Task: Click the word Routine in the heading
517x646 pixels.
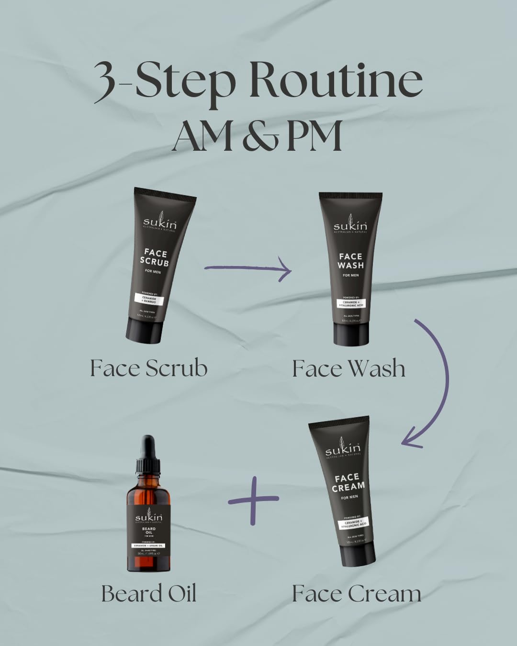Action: [x=335, y=80]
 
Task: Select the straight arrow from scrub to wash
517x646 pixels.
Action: [x=248, y=269]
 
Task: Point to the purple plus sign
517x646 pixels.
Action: [x=253, y=500]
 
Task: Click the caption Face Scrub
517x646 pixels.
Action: [x=149, y=368]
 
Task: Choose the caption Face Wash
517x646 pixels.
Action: [x=348, y=368]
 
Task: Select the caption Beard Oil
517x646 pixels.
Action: [x=149, y=593]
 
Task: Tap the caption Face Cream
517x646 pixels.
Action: [x=357, y=593]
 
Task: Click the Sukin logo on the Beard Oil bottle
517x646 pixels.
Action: [x=148, y=518]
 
